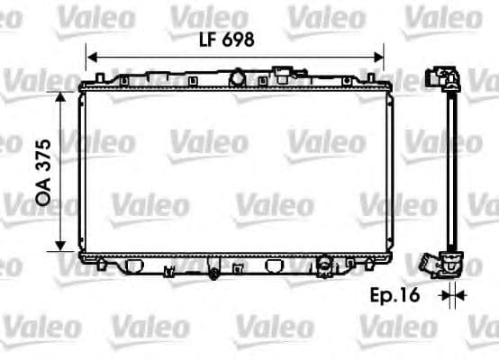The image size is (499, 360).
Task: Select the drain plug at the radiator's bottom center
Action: (x=213, y=271)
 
